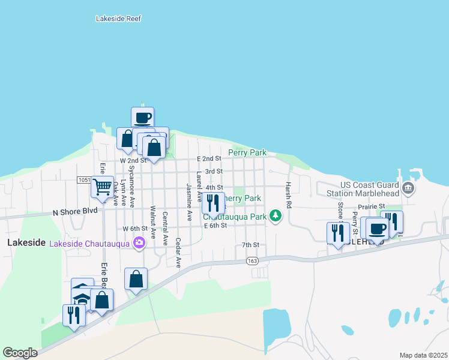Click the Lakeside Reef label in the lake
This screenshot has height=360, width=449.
point(118,19)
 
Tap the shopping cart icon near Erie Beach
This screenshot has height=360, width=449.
point(102,187)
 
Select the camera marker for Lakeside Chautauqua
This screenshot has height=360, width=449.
point(139,243)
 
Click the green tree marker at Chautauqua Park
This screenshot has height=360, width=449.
point(276,214)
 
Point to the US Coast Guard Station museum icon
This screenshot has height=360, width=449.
point(408,189)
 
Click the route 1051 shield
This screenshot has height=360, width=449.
point(83,180)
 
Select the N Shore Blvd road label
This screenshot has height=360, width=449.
point(75,212)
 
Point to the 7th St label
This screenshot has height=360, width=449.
point(250,245)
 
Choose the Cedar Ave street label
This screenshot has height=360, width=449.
point(178,252)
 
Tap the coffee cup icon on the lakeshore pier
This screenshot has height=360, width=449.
point(142,118)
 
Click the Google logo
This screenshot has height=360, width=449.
point(20,353)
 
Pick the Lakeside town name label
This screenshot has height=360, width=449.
point(26,242)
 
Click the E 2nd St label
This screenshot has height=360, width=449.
point(209,158)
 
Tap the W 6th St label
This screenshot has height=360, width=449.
point(134,229)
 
